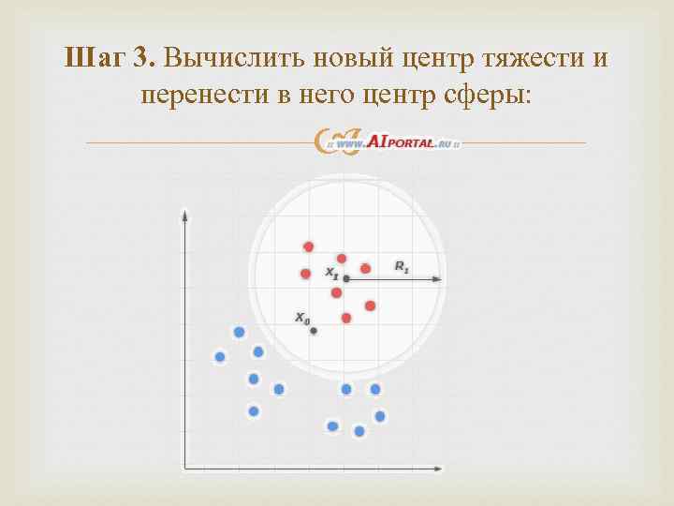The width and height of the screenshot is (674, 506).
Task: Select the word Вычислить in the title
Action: (x=220, y=58)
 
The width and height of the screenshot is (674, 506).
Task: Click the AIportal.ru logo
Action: (x=388, y=141)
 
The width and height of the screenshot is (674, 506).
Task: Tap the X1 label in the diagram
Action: (x=331, y=273)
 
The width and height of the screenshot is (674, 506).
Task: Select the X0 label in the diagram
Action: (x=302, y=318)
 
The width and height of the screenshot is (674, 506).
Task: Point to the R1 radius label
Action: (x=402, y=268)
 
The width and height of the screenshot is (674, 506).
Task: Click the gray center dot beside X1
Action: (x=346, y=278)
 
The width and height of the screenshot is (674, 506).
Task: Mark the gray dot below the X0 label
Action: (x=314, y=331)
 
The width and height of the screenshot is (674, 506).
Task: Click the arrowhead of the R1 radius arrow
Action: (x=439, y=278)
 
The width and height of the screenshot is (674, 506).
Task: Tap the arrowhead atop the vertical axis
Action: (x=185, y=216)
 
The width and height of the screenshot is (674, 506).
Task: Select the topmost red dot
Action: (x=308, y=246)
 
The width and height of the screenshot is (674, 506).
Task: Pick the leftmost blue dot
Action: (x=220, y=356)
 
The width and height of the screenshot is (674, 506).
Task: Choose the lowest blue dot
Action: (x=359, y=431)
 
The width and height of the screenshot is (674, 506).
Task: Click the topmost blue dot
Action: (x=240, y=332)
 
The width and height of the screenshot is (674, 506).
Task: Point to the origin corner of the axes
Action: (x=185, y=466)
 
